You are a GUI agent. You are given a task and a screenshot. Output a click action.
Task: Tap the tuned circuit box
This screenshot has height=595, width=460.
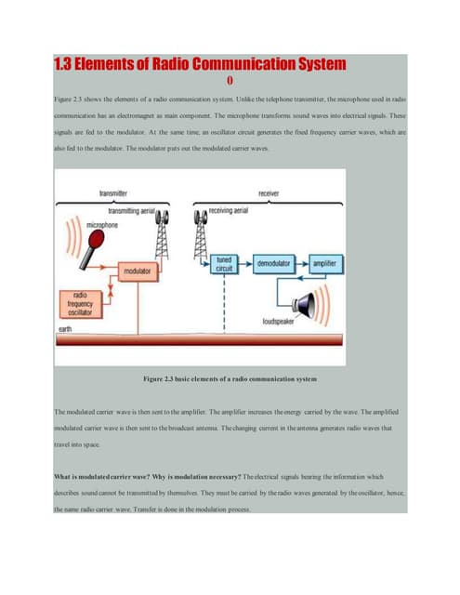tap(224, 264)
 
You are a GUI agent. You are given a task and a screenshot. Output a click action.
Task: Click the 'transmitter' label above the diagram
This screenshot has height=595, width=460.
tap(114, 193)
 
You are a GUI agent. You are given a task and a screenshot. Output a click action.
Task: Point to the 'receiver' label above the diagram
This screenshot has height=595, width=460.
tap(270, 193)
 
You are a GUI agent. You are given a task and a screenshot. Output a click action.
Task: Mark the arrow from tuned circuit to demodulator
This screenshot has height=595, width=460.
tap(244, 264)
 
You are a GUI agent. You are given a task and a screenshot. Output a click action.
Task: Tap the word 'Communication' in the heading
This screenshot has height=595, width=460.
tap(231, 63)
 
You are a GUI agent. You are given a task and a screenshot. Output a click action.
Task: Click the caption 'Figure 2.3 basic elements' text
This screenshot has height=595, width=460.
tap(230, 379)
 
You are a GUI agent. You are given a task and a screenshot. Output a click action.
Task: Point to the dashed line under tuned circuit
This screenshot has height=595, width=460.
tap(224, 302)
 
